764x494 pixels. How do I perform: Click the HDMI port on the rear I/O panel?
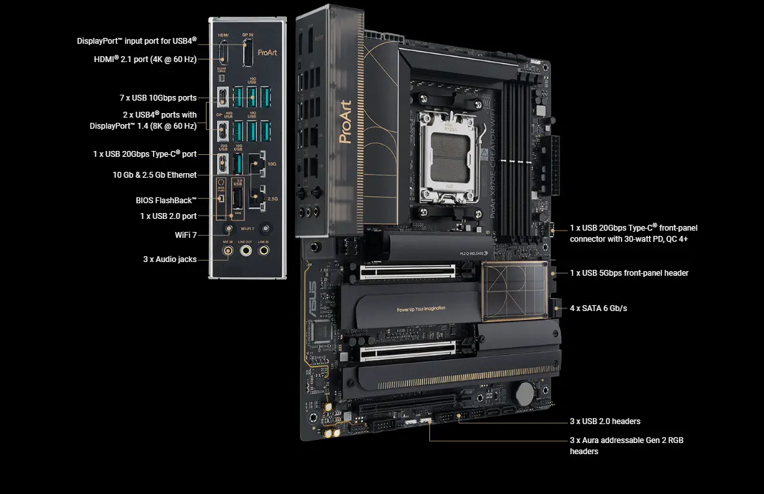(x=222, y=53)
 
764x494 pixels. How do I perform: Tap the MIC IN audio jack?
(x=228, y=250)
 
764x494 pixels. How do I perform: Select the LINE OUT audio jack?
(x=246, y=250)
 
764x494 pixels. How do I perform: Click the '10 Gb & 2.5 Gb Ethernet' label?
(x=154, y=175)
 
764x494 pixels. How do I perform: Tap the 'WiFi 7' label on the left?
(x=186, y=235)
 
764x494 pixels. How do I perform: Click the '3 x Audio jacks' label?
(x=170, y=259)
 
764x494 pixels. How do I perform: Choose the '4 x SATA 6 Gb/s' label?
(x=598, y=308)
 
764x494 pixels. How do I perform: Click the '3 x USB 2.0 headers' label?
(x=605, y=421)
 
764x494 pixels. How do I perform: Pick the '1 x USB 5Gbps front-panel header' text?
(x=629, y=273)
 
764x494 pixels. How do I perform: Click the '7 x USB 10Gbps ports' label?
(x=158, y=98)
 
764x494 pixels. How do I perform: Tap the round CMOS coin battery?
(x=525, y=392)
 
